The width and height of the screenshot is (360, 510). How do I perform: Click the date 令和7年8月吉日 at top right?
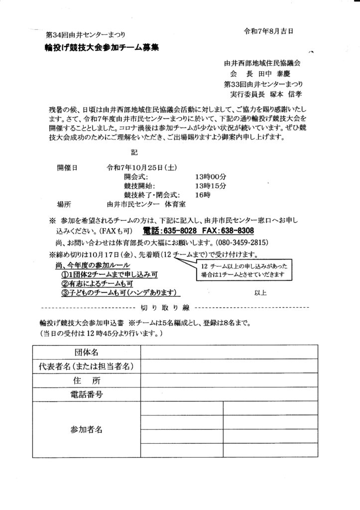[x=268, y=31]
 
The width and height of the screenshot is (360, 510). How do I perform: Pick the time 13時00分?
[x=211, y=176]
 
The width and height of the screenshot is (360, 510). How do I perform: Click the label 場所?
[x=65, y=204]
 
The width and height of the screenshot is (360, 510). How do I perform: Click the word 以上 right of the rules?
[x=260, y=293]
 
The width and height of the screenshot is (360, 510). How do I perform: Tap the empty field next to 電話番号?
[x=229, y=395]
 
